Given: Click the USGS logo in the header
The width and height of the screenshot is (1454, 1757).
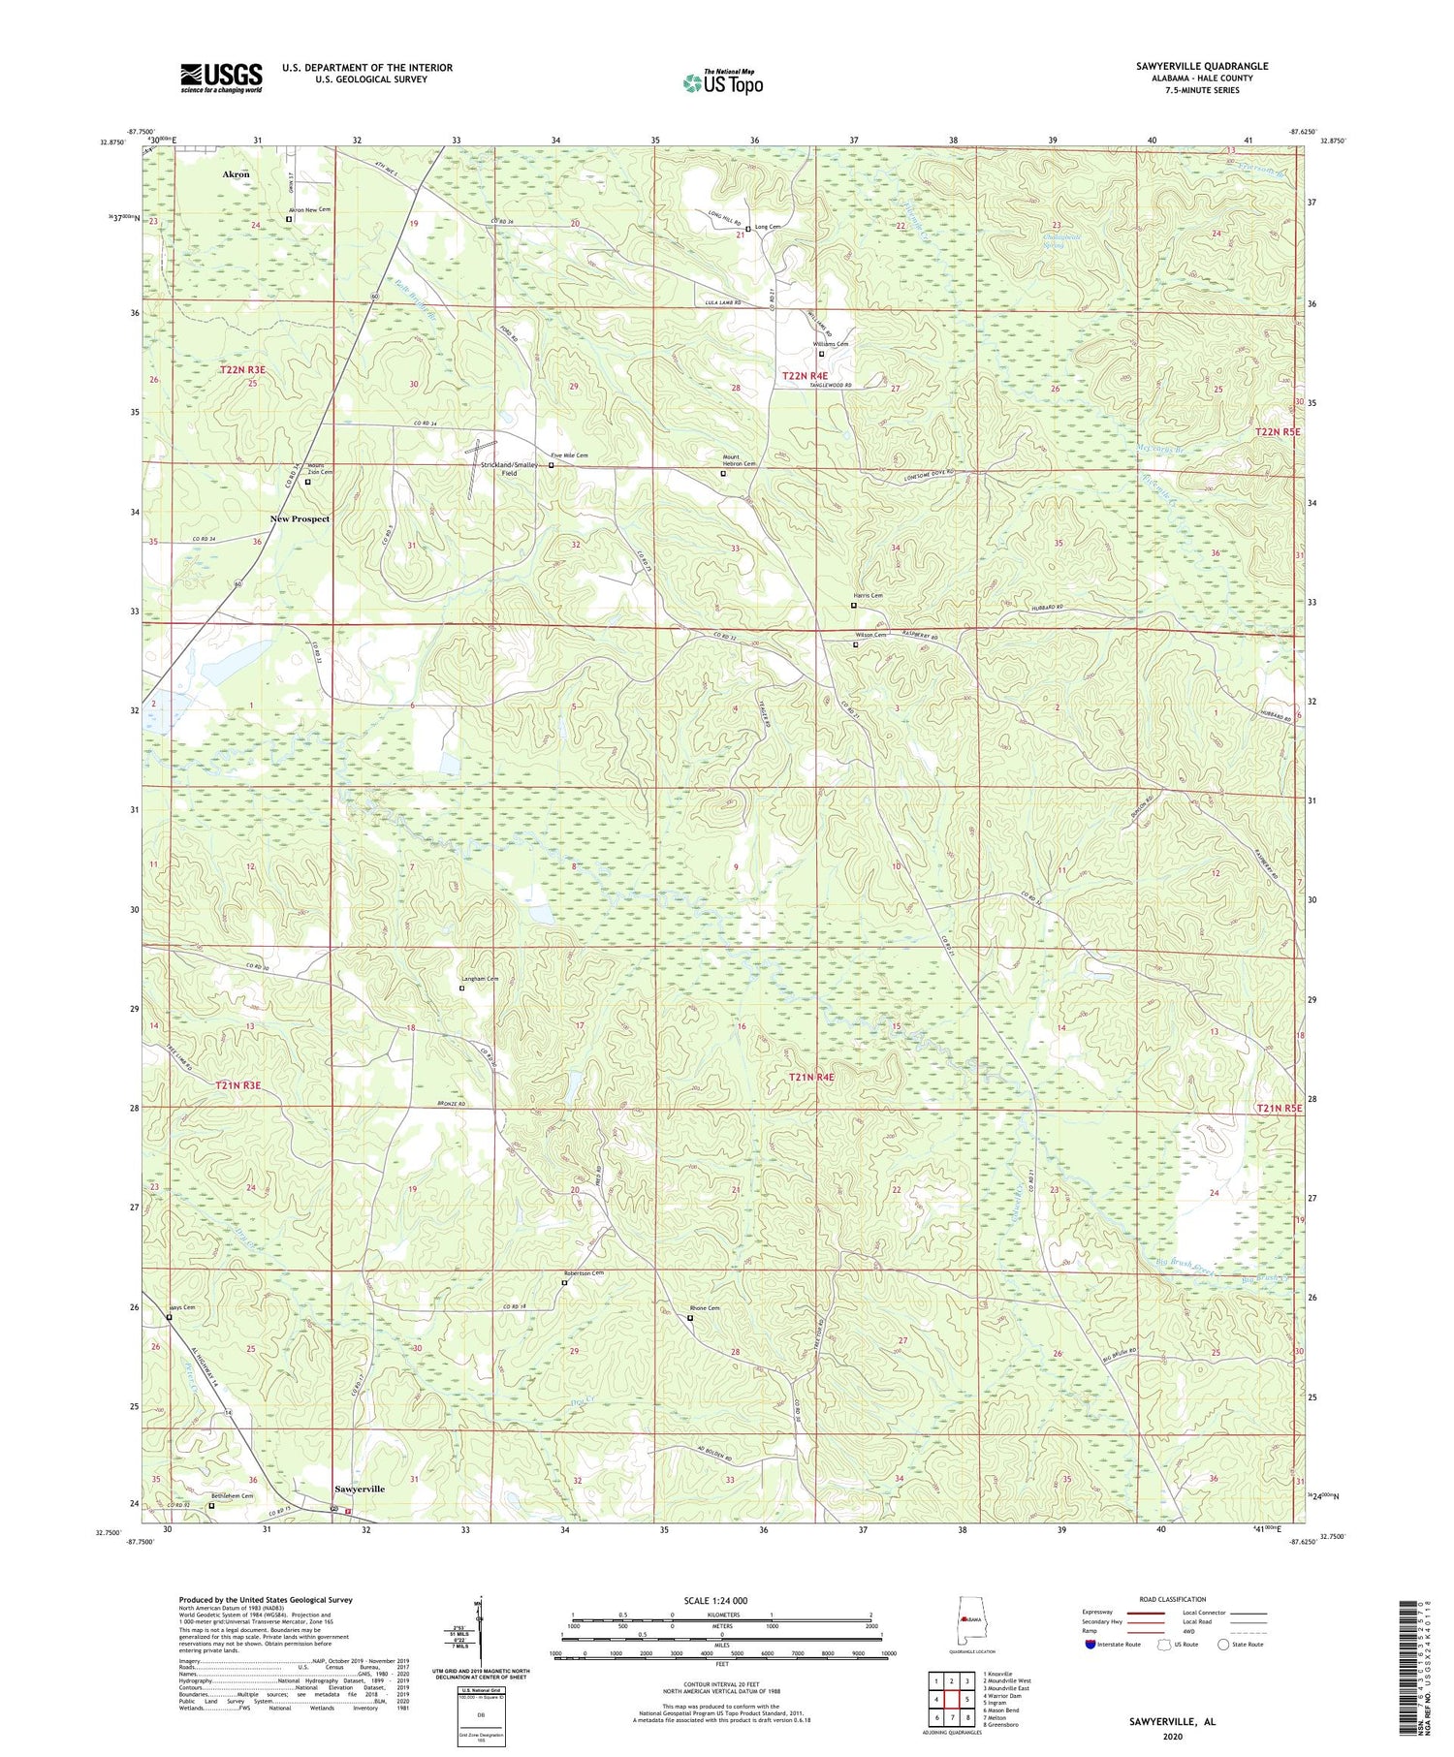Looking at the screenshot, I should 221,78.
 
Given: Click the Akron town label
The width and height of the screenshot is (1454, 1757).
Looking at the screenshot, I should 236,174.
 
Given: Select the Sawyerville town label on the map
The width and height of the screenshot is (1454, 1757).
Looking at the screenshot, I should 360,1489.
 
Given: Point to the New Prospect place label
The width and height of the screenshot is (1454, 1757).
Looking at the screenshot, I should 300,519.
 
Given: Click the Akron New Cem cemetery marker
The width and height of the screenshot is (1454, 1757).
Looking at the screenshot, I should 289,219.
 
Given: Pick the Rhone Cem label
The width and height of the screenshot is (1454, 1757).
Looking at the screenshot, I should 705,1308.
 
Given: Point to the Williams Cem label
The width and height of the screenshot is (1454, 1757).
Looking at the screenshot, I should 831,344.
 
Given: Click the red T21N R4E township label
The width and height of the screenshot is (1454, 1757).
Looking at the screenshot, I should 810,1077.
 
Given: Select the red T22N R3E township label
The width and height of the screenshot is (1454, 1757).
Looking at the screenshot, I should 242,370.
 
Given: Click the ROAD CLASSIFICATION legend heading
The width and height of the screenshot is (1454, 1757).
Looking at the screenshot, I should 1173,1599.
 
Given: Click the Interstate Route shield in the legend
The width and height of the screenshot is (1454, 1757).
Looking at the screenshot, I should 1090,1645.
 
